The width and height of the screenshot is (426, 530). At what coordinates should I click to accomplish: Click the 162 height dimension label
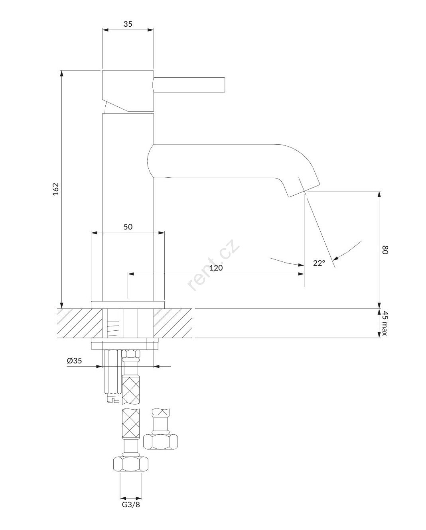pos(56,189)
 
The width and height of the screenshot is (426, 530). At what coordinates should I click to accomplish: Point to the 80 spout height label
pos(385,250)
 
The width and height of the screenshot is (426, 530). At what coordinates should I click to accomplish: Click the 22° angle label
pos(319,263)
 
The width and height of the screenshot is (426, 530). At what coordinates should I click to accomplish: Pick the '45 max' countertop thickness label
pos(385,323)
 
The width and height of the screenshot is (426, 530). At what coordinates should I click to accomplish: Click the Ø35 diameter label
pos(74,361)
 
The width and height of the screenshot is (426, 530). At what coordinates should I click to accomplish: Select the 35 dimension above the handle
pos(128,24)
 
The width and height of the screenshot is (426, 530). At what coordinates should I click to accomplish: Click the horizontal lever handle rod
pos(189,85)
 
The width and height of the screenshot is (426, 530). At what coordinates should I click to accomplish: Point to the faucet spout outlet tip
pos(305,191)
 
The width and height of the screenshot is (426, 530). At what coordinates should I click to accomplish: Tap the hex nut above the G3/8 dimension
pos(131,464)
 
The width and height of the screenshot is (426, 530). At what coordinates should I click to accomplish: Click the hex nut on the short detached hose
pos(160,442)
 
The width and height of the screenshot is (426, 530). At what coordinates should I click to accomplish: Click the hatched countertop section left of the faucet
pos(80,323)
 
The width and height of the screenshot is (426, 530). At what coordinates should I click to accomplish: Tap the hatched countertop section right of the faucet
pos(173,323)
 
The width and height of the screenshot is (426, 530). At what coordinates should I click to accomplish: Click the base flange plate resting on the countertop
pos(128,305)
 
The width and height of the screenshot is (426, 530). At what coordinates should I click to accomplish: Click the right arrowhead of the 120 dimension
pos(301,274)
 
